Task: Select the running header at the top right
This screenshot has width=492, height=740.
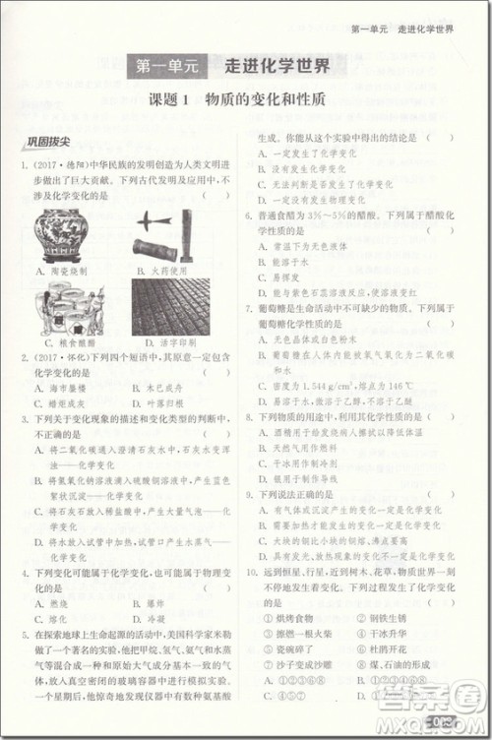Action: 402,30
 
